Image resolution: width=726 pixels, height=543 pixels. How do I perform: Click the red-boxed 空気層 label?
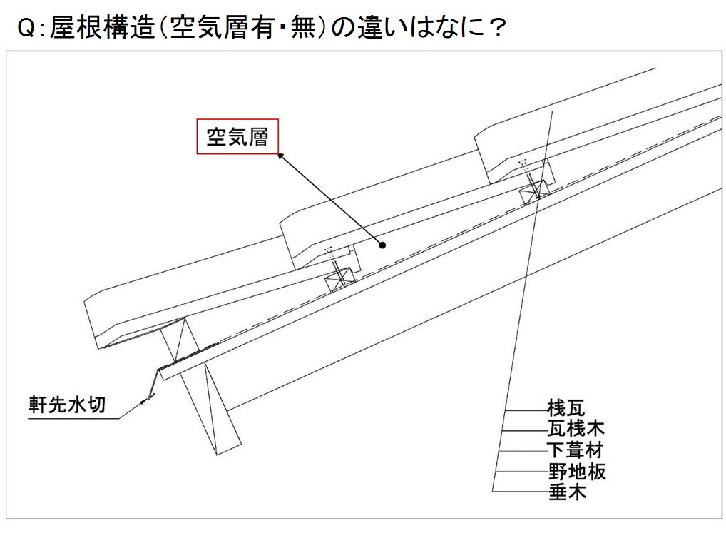point(237,137)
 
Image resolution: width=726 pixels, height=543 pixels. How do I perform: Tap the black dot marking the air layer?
point(382,245)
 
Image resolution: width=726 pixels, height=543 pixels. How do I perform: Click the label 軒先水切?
point(68,405)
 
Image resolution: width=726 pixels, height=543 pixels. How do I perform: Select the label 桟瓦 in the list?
point(566,407)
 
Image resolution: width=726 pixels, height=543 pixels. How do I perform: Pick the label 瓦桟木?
point(576,429)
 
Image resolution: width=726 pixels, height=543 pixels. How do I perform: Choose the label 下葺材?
point(576,450)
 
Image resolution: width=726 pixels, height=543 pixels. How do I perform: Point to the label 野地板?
point(577,472)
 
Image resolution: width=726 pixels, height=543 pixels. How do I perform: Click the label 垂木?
point(567,492)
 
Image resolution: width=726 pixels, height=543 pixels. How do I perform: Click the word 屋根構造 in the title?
point(102,27)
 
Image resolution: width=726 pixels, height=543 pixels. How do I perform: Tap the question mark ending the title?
point(497,28)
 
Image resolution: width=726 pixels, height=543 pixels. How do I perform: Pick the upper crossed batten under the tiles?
point(534,192)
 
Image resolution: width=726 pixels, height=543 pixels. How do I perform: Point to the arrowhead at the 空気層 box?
point(280,156)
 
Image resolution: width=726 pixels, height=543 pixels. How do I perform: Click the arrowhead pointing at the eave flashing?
point(145,399)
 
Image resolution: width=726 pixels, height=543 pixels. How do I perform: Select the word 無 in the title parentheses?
point(303,27)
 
